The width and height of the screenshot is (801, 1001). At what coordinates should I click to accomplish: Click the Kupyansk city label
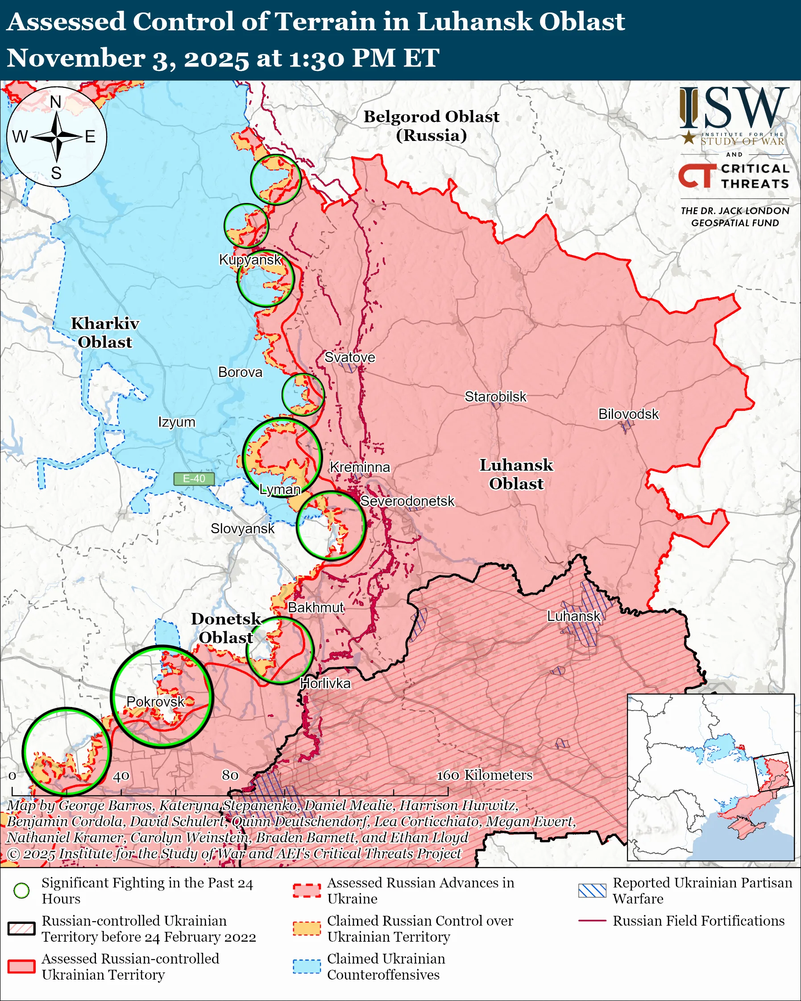(250, 260)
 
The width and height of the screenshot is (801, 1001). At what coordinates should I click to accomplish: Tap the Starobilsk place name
(495, 397)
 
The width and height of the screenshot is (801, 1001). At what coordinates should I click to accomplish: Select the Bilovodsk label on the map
(628, 414)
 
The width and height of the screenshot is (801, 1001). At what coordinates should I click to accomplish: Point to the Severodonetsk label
(407, 501)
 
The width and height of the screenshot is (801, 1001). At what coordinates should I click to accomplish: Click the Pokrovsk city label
(156, 702)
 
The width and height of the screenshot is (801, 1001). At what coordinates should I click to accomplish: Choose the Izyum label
(176, 422)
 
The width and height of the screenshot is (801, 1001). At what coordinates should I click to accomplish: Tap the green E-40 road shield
(194, 479)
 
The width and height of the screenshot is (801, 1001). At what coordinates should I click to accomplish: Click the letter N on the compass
(56, 102)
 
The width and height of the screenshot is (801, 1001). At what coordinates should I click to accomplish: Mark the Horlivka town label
(325, 683)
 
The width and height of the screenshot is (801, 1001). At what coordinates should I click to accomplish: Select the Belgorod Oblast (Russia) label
(431, 126)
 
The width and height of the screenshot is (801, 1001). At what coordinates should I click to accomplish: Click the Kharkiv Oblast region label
(105, 332)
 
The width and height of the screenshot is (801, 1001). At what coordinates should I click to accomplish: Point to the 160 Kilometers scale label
(484, 775)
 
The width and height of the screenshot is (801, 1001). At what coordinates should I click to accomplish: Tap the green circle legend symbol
(22, 890)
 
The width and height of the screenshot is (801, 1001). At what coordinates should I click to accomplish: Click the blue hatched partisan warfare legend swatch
(592, 890)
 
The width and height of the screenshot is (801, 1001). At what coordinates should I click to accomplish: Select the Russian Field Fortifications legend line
(592, 921)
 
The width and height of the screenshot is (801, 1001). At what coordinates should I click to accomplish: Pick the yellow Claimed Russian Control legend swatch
(307, 929)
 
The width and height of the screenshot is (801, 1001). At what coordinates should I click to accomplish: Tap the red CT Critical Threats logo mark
(697, 175)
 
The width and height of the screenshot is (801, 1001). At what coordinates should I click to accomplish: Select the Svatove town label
(349, 357)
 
